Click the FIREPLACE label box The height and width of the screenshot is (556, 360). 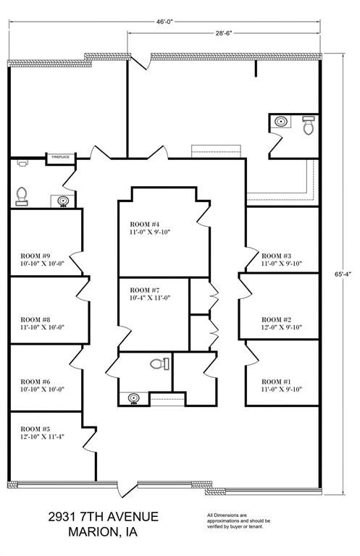pyautogui.click(x=61, y=157)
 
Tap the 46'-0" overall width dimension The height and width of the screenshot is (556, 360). pyautogui.click(x=164, y=22)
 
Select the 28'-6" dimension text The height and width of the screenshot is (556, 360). pyautogui.click(x=224, y=33)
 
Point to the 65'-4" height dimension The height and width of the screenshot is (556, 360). pyautogui.click(x=343, y=274)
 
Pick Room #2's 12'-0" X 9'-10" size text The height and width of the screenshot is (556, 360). pyautogui.click(x=282, y=327)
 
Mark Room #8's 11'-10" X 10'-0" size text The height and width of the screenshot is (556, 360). pyautogui.click(x=42, y=327)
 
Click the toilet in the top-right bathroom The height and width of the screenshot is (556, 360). pyautogui.click(x=309, y=125)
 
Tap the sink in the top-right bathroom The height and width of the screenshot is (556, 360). pyautogui.click(x=282, y=122)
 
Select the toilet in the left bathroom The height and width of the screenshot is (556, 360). pyautogui.click(x=22, y=196)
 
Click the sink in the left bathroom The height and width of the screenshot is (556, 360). pyautogui.click(x=63, y=201)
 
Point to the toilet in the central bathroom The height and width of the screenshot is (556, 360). pyautogui.click(x=159, y=364)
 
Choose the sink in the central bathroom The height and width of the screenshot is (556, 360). pyautogui.click(x=133, y=399)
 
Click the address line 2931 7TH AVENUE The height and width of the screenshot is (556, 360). pyautogui.click(x=103, y=517)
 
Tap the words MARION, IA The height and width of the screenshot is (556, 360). pyautogui.click(x=103, y=532)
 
